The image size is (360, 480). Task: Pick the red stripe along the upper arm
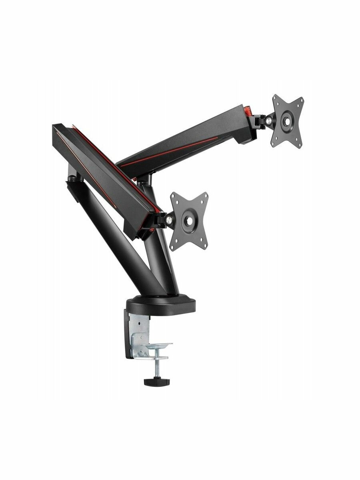168,154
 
